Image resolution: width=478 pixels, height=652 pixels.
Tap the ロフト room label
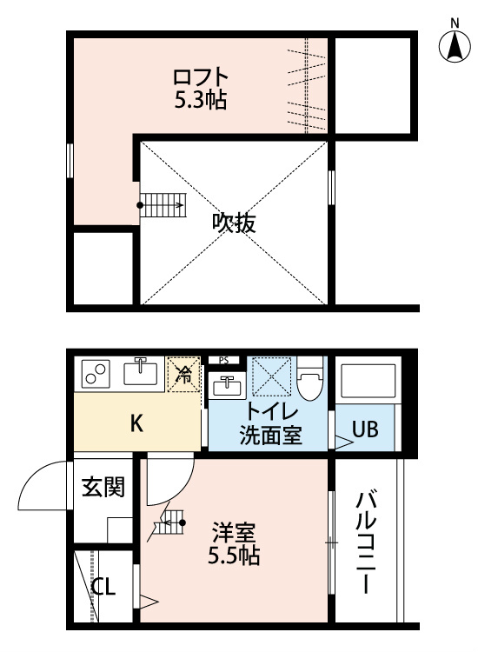(201, 75)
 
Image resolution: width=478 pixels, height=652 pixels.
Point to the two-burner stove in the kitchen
(95, 375)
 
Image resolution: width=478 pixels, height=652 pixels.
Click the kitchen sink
(140, 373)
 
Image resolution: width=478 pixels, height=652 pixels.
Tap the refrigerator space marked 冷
(184, 374)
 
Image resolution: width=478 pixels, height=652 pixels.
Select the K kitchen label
(137, 424)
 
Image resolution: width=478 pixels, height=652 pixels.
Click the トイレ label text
(271, 412)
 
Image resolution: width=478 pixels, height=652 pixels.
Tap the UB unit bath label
(364, 429)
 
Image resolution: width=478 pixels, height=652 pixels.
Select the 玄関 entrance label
(103, 487)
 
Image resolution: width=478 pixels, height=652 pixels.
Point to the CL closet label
(103, 589)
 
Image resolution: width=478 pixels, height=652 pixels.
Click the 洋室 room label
(234, 530)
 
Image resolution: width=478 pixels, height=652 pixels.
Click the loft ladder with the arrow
(163, 205)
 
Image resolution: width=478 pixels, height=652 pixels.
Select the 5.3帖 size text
(201, 100)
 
